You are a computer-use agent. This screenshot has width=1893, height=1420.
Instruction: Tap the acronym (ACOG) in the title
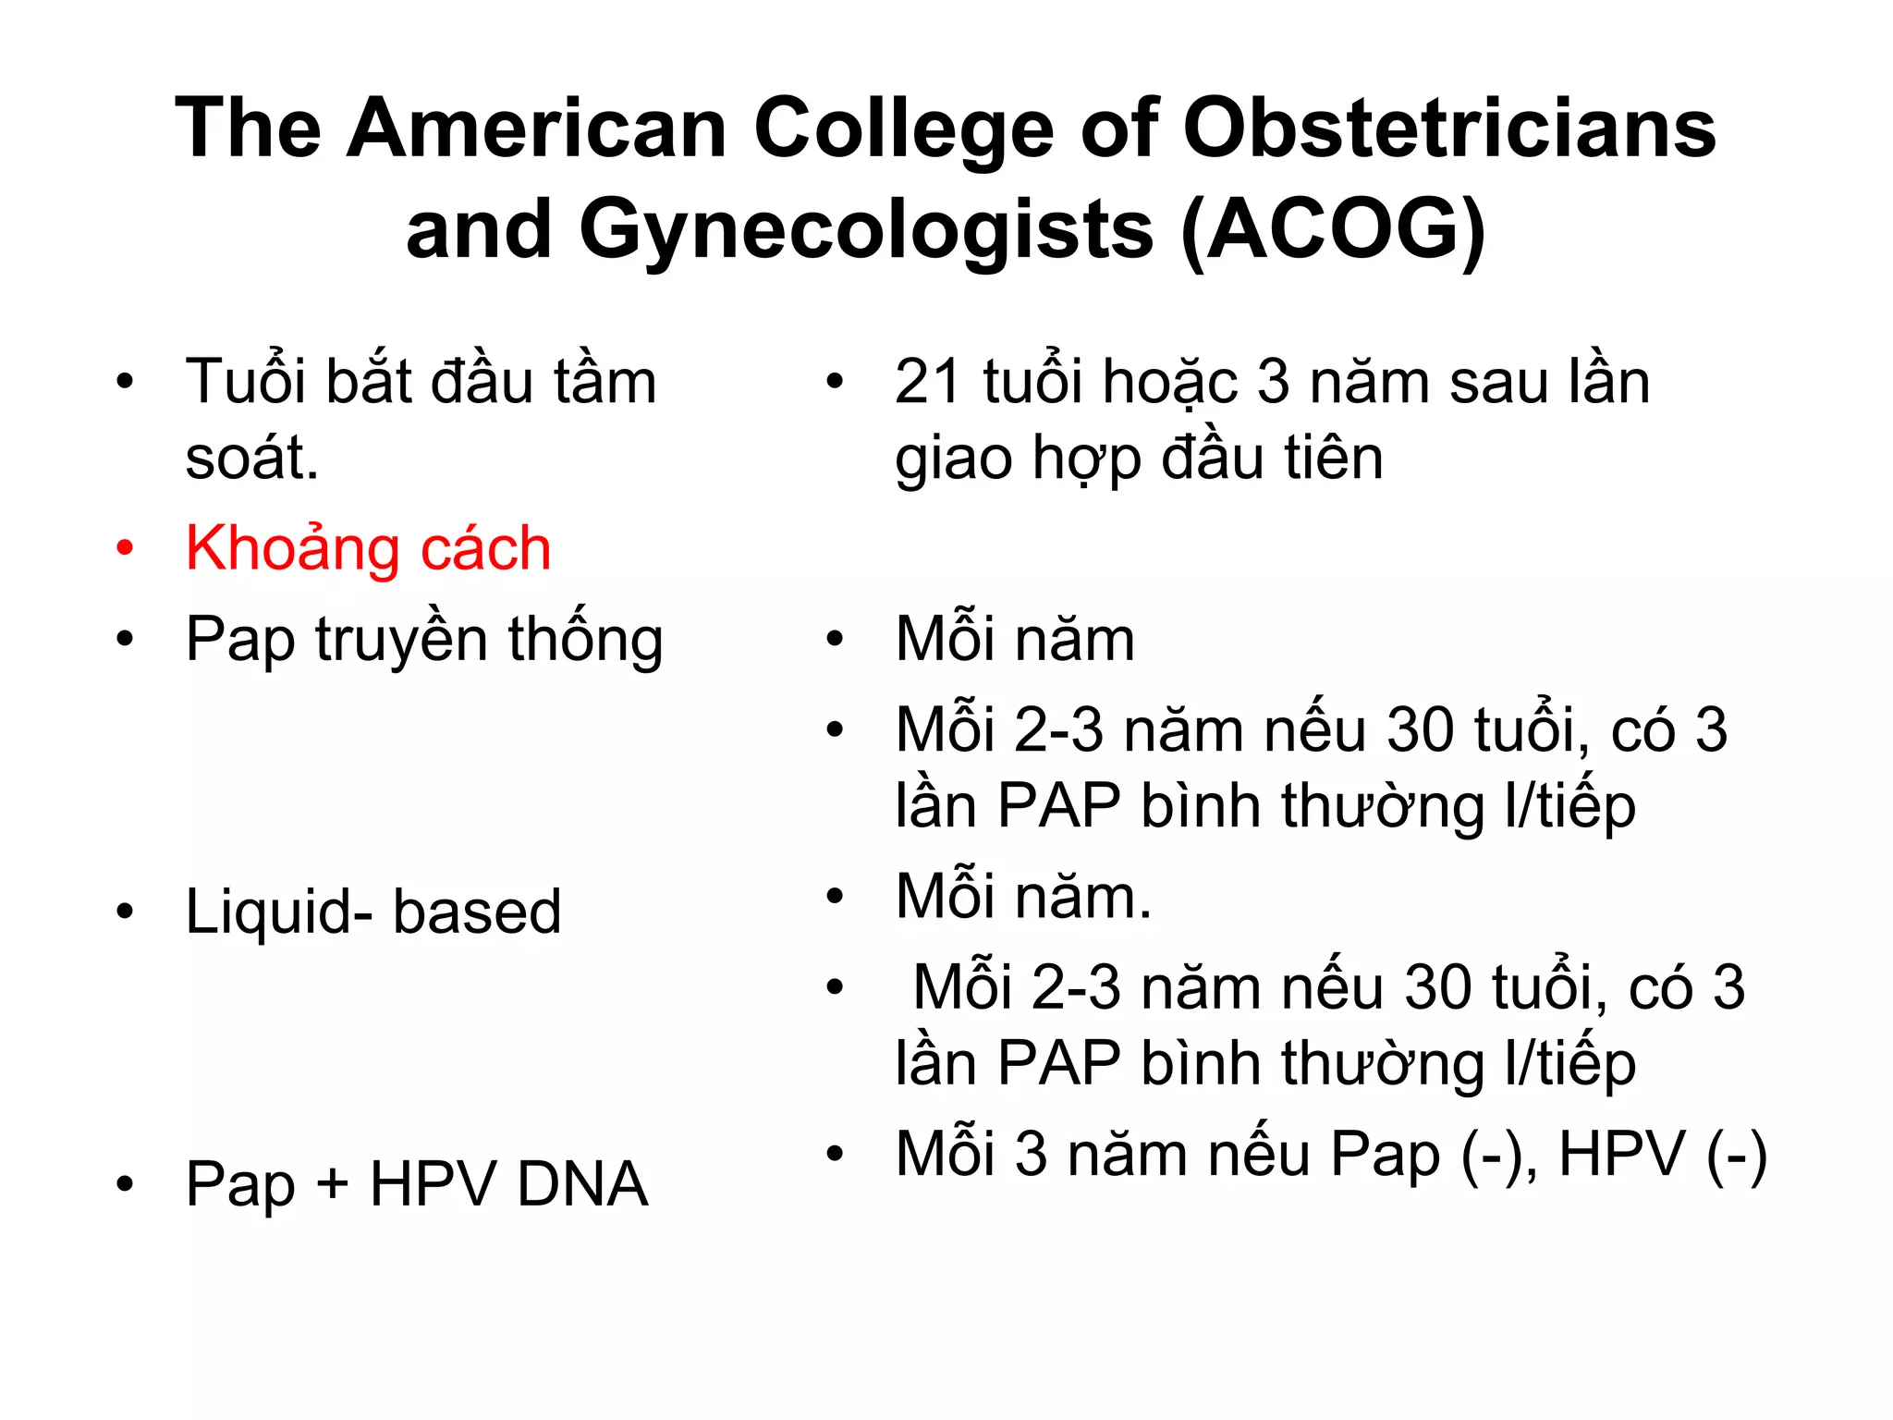(1333, 229)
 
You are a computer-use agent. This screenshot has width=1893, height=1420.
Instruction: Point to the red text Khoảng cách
(368, 548)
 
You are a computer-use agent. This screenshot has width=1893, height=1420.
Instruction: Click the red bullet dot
(125, 547)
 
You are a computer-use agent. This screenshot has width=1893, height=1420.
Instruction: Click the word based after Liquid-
(477, 912)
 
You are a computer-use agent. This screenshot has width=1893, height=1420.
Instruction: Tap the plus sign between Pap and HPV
(332, 1185)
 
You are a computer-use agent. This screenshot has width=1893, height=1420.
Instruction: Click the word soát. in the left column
(251, 458)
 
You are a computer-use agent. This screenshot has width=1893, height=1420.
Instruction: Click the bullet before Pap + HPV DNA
(125, 1183)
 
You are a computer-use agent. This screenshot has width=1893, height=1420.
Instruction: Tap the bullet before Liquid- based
(125, 912)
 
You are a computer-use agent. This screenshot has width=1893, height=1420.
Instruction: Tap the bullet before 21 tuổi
(835, 382)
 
